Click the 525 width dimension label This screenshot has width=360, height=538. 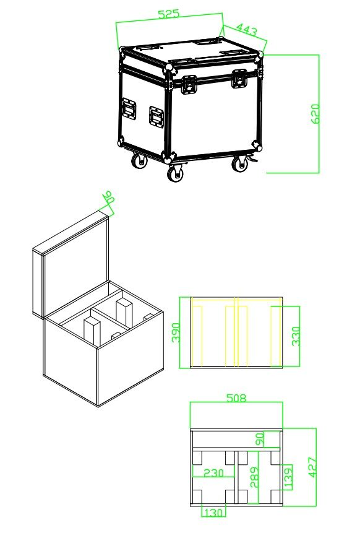click(169, 14)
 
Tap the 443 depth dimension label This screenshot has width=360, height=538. click(247, 30)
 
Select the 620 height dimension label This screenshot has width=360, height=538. click(315, 113)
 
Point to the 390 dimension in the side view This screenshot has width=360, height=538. click(176, 332)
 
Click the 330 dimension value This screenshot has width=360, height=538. click(296, 336)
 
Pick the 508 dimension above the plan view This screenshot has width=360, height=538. click(236, 397)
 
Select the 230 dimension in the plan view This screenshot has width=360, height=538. click(213, 473)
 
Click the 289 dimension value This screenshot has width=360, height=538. click(254, 477)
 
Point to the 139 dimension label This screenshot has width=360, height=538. click(288, 477)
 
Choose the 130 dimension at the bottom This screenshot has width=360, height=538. click(214, 513)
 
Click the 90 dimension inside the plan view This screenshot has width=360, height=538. click(260, 440)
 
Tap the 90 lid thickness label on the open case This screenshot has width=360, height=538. click(109, 197)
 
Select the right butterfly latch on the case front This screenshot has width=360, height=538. click(239, 79)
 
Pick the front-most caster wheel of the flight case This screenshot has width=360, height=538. click(176, 173)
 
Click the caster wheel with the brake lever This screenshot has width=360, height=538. click(240, 163)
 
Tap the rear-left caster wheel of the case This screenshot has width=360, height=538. click(140, 161)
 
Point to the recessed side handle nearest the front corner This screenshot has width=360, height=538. click(156, 118)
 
